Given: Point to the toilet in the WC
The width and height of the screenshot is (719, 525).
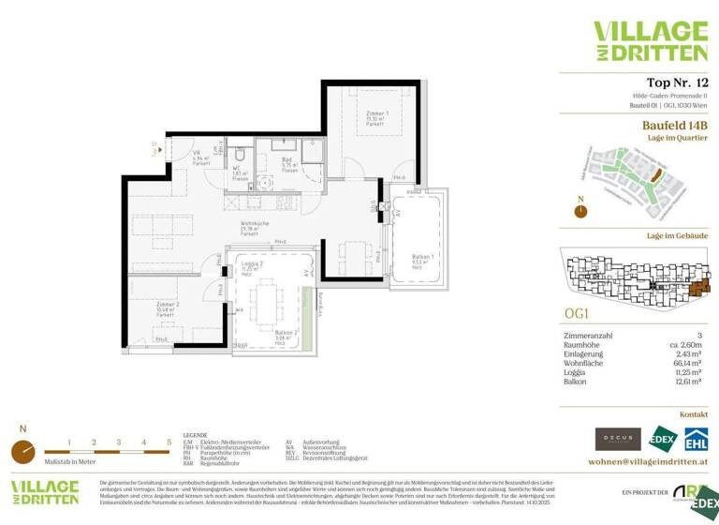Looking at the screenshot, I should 240,155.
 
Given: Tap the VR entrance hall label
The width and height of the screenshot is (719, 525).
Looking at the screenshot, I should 198,157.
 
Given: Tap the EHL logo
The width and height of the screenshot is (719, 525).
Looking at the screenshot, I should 695,438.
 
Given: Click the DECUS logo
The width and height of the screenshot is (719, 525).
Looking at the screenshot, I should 618,438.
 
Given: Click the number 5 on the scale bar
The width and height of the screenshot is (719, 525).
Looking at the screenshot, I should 169,442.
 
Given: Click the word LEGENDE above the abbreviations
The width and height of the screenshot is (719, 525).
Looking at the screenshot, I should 196,436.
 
